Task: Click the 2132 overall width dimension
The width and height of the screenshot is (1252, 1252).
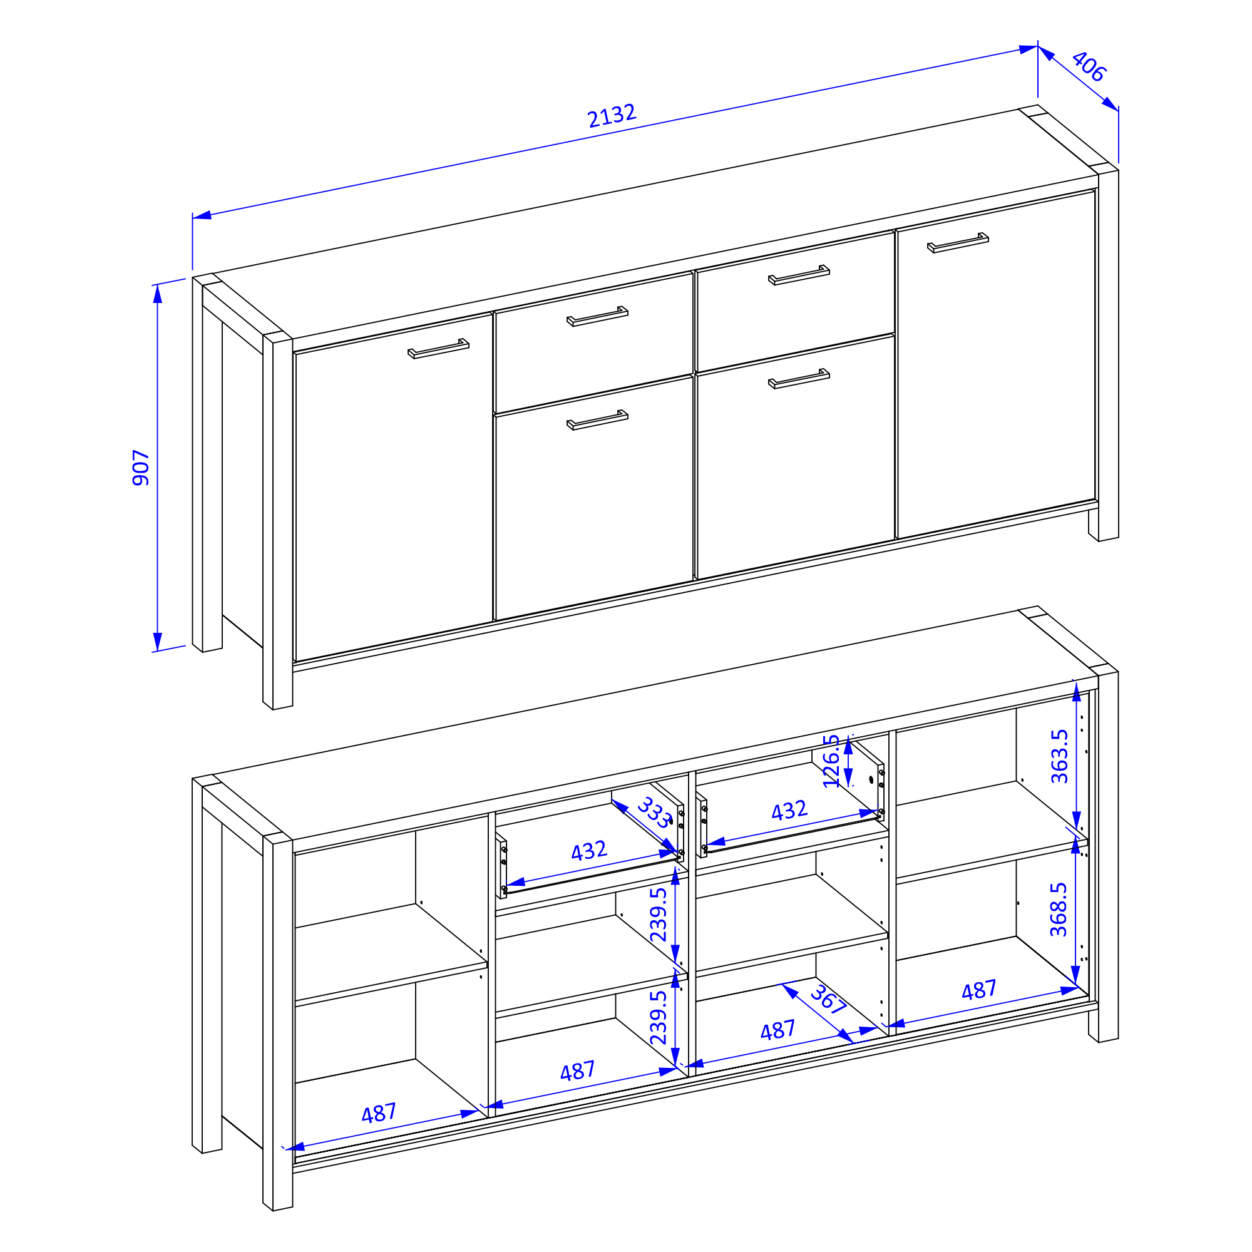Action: pyautogui.click(x=612, y=115)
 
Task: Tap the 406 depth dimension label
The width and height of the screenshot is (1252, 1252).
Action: pyautogui.click(x=1089, y=66)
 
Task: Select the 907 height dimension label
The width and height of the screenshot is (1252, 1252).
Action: pyautogui.click(x=141, y=467)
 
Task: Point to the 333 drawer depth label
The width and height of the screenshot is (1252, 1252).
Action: pyautogui.click(x=655, y=814)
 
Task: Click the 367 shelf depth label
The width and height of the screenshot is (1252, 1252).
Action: pyautogui.click(x=828, y=998)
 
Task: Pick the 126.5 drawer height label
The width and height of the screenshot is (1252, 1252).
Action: pyautogui.click(x=831, y=761)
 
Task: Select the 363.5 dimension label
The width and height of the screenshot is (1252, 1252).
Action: pyautogui.click(x=1059, y=756)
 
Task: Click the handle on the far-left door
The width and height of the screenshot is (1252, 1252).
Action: pyautogui.click(x=438, y=349)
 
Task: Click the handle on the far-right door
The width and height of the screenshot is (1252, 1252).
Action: pyautogui.click(x=958, y=242)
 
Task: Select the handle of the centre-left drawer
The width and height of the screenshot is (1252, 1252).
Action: pyautogui.click(x=597, y=316)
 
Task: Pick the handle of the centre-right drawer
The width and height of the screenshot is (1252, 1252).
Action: pyautogui.click(x=799, y=275)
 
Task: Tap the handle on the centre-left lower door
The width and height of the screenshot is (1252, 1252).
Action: pyautogui.click(x=597, y=420)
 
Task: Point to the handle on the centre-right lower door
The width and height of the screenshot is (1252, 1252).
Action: pyautogui.click(x=799, y=379)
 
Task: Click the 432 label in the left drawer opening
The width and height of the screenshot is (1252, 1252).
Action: pyautogui.click(x=588, y=851)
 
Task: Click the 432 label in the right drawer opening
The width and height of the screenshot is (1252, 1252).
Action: pyautogui.click(x=789, y=811)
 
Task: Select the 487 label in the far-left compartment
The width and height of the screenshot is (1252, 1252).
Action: pyautogui.click(x=379, y=1113)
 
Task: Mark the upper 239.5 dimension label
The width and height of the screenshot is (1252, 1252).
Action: pyautogui.click(x=659, y=915)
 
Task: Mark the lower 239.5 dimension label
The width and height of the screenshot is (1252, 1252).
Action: pyautogui.click(x=659, y=1017)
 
